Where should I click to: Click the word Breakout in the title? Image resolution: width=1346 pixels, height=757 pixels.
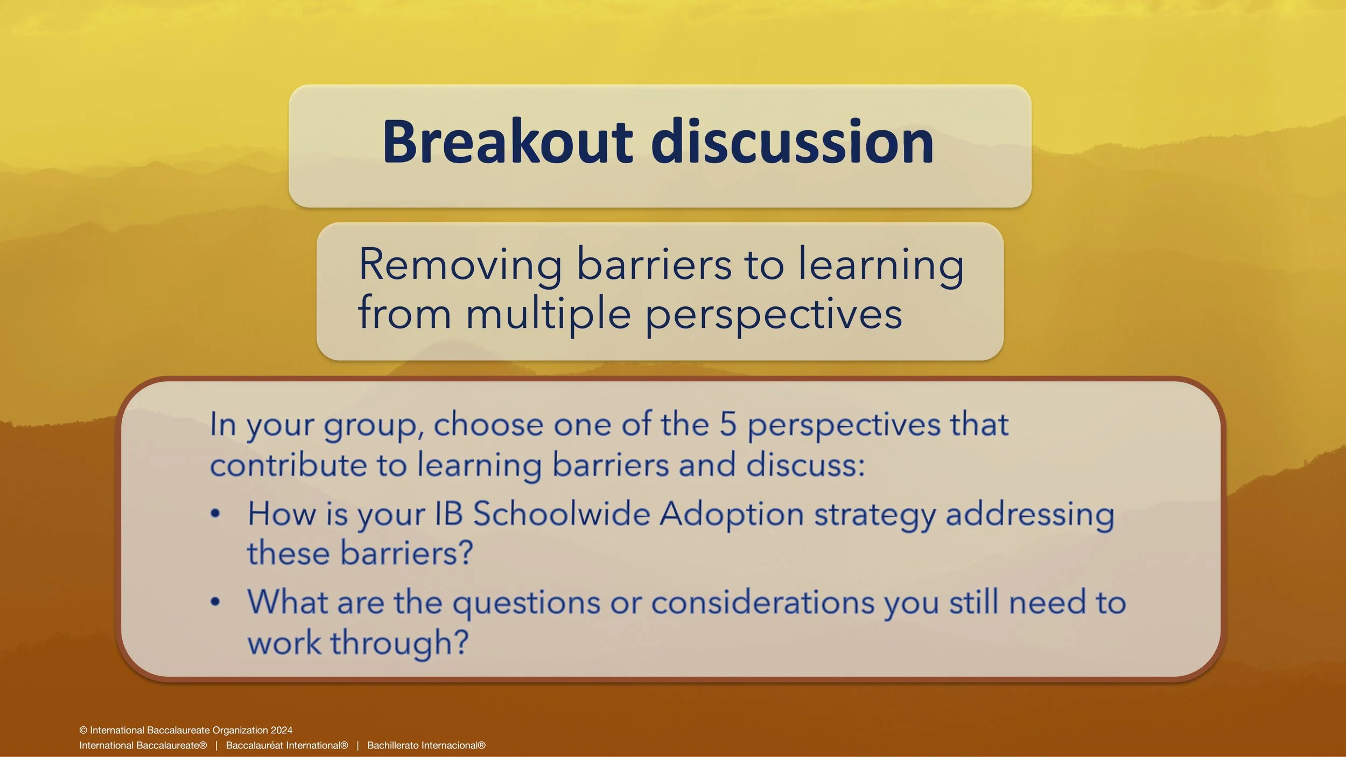click(508, 141)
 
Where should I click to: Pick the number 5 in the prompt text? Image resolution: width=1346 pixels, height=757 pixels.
click(728, 424)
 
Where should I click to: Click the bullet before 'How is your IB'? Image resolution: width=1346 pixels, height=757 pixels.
click(215, 514)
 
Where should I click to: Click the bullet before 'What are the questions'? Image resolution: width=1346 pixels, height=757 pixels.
click(215, 602)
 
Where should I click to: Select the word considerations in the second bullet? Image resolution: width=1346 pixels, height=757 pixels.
click(763, 602)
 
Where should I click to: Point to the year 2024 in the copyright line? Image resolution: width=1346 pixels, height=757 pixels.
click(282, 730)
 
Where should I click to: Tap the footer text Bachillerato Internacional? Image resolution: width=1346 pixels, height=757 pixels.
click(426, 745)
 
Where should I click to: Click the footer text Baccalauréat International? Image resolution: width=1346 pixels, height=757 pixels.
click(287, 745)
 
